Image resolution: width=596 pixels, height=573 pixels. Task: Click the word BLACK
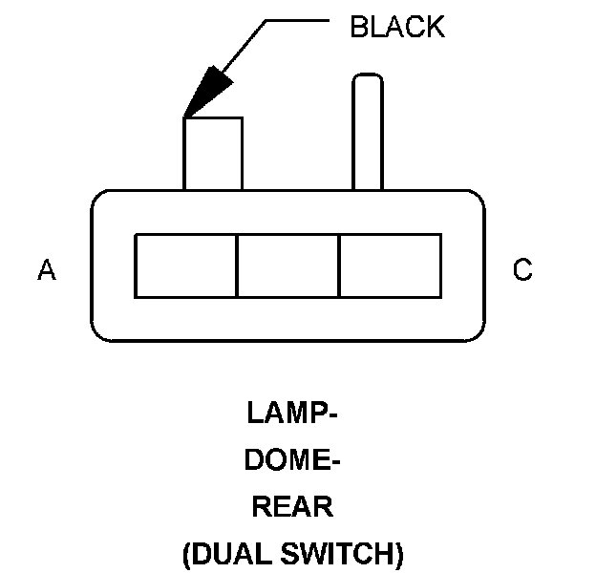397,27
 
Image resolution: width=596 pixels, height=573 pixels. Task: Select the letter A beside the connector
47,269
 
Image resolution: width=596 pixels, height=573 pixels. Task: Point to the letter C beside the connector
522,269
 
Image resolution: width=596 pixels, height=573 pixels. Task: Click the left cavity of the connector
186,266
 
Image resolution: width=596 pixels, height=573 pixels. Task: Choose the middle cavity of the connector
288,266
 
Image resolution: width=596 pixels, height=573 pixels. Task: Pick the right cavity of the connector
391,266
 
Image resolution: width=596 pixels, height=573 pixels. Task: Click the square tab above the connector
213,154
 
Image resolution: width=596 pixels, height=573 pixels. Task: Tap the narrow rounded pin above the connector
368,132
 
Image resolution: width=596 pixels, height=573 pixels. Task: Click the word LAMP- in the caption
292,413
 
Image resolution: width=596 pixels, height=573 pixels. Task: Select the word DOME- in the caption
292,459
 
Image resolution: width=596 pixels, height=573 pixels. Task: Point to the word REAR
292,506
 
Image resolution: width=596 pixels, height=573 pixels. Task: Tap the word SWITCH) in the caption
342,553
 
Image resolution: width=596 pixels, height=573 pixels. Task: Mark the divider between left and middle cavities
237,266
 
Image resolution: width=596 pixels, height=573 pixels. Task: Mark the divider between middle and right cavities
339,266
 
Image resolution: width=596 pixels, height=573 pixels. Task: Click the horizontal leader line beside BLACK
297,20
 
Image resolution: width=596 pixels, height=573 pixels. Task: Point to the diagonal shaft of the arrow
244,46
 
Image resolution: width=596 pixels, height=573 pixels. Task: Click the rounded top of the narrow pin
368,75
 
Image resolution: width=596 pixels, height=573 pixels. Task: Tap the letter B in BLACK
359,27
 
